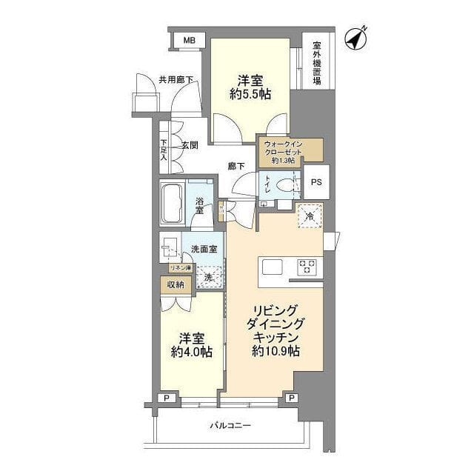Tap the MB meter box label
tap(190, 39)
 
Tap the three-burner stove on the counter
tap(307, 267)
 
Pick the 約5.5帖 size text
tap(249, 94)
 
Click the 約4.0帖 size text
tap(191, 352)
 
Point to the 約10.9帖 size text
tap(276, 352)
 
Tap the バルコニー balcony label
tap(230, 426)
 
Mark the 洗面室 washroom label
tap(204, 249)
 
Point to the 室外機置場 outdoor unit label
tap(317, 62)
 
